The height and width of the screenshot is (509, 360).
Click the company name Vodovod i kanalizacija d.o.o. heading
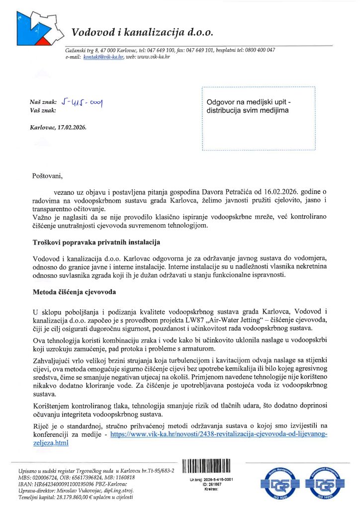point(142,33)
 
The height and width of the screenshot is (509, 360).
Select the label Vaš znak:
point(43,110)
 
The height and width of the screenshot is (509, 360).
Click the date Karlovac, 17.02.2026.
point(58,127)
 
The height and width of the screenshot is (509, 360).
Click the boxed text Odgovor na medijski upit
point(248,102)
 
